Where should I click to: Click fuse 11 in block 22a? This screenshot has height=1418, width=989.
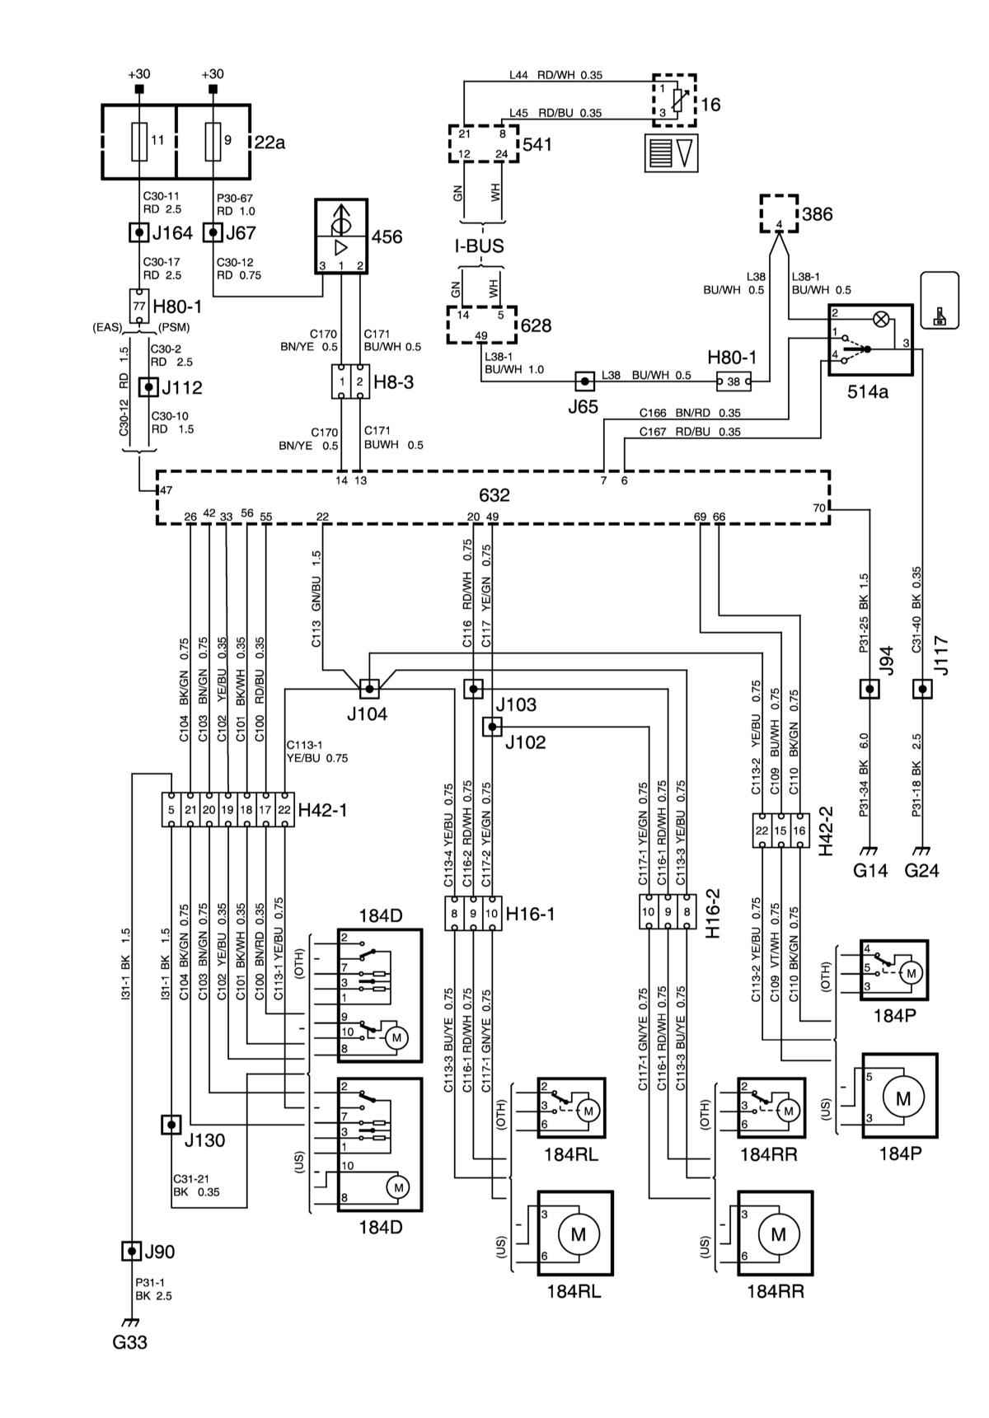[139, 141]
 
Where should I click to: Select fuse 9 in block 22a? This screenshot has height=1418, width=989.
[213, 141]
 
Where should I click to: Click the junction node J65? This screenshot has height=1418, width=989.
[584, 381]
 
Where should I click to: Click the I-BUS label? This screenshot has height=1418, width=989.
[479, 246]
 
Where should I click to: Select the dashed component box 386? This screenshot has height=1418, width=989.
[778, 214]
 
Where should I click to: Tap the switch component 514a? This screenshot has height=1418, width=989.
[870, 339]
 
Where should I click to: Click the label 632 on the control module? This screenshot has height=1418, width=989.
[494, 496]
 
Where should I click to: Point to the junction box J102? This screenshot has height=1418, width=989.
[492, 726]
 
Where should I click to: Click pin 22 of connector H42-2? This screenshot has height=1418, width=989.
[762, 831]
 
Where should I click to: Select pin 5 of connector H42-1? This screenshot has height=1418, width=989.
[171, 810]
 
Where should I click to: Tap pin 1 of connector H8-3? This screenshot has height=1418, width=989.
[341, 382]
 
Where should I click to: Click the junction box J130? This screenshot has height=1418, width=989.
[171, 1124]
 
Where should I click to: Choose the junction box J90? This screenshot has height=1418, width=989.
[130, 1251]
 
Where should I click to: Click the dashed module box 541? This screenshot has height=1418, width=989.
[484, 143]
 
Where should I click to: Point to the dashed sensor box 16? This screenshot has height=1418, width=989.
[674, 101]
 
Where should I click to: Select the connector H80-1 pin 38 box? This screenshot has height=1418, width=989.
[734, 381]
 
